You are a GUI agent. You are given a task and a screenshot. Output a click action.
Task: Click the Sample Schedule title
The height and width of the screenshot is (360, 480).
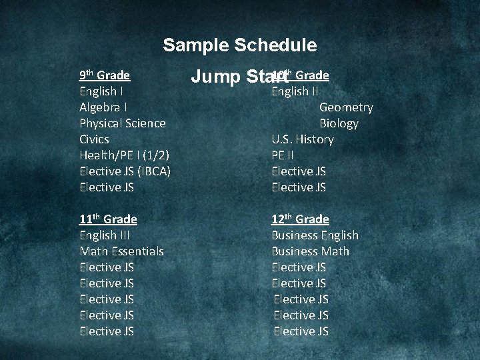click(239, 45)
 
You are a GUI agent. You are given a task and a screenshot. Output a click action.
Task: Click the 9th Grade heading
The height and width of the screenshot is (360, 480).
click(104, 75)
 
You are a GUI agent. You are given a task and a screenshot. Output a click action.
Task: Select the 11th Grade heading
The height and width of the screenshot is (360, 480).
click(108, 219)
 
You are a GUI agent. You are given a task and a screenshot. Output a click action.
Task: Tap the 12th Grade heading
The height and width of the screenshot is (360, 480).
click(300, 219)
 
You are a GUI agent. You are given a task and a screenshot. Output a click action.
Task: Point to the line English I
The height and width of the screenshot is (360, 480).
click(100, 91)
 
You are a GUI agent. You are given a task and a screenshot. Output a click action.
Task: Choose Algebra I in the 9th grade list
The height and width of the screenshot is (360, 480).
click(103, 107)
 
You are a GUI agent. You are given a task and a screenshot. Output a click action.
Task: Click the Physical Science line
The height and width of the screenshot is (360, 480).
click(122, 123)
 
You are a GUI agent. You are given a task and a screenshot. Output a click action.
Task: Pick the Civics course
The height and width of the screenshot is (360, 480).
click(94, 139)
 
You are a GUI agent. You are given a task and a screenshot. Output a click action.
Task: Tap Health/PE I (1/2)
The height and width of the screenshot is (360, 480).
click(124, 155)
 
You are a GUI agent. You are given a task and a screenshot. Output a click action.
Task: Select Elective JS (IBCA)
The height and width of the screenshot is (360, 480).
click(125, 171)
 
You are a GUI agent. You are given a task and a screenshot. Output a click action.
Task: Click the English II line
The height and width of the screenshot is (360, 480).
click(295, 91)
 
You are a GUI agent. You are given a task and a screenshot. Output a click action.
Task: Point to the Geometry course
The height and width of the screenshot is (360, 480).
click(346, 107)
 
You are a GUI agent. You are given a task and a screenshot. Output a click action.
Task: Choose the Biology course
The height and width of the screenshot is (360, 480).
click(339, 123)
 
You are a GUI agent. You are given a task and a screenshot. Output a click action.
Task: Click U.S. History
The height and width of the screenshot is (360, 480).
click(302, 139)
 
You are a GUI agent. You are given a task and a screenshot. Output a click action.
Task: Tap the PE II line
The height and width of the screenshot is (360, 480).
click(282, 155)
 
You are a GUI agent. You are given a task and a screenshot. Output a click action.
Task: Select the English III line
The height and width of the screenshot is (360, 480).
click(104, 235)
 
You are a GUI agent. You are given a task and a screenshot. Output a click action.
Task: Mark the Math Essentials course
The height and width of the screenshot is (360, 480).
click(121, 251)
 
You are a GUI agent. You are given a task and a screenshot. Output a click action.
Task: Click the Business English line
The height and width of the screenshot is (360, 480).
click(315, 235)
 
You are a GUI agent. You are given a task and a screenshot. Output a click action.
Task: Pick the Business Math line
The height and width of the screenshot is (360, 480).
click(310, 251)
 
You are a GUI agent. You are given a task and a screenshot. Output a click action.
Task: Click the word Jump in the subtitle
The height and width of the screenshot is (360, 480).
click(215, 77)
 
